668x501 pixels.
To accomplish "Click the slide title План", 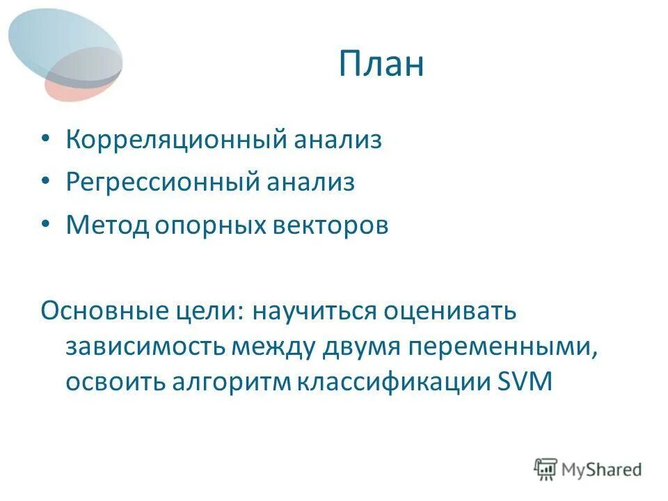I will click(381, 65).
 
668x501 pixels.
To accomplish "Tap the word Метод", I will click(103, 225).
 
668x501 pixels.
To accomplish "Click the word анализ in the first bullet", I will click(338, 140).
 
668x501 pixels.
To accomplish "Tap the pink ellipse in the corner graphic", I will click(59, 89).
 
